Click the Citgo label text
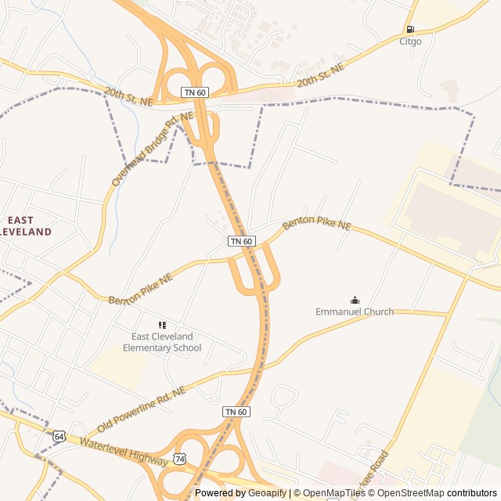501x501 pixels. (x=410, y=41)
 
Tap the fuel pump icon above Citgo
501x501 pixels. (x=410, y=30)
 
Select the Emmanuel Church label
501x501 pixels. (x=355, y=312)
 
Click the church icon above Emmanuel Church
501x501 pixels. (x=355, y=300)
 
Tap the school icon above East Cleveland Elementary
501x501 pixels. (x=162, y=325)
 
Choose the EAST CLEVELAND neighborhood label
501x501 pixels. (x=25, y=226)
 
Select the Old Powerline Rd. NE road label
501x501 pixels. (x=142, y=409)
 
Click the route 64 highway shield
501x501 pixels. (x=59, y=436)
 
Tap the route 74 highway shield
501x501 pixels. (x=181, y=458)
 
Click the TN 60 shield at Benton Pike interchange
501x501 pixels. (x=241, y=241)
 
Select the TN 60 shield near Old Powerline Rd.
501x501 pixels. (x=236, y=412)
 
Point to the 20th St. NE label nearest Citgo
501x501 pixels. (x=321, y=76)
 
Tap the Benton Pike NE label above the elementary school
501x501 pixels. (x=140, y=290)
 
